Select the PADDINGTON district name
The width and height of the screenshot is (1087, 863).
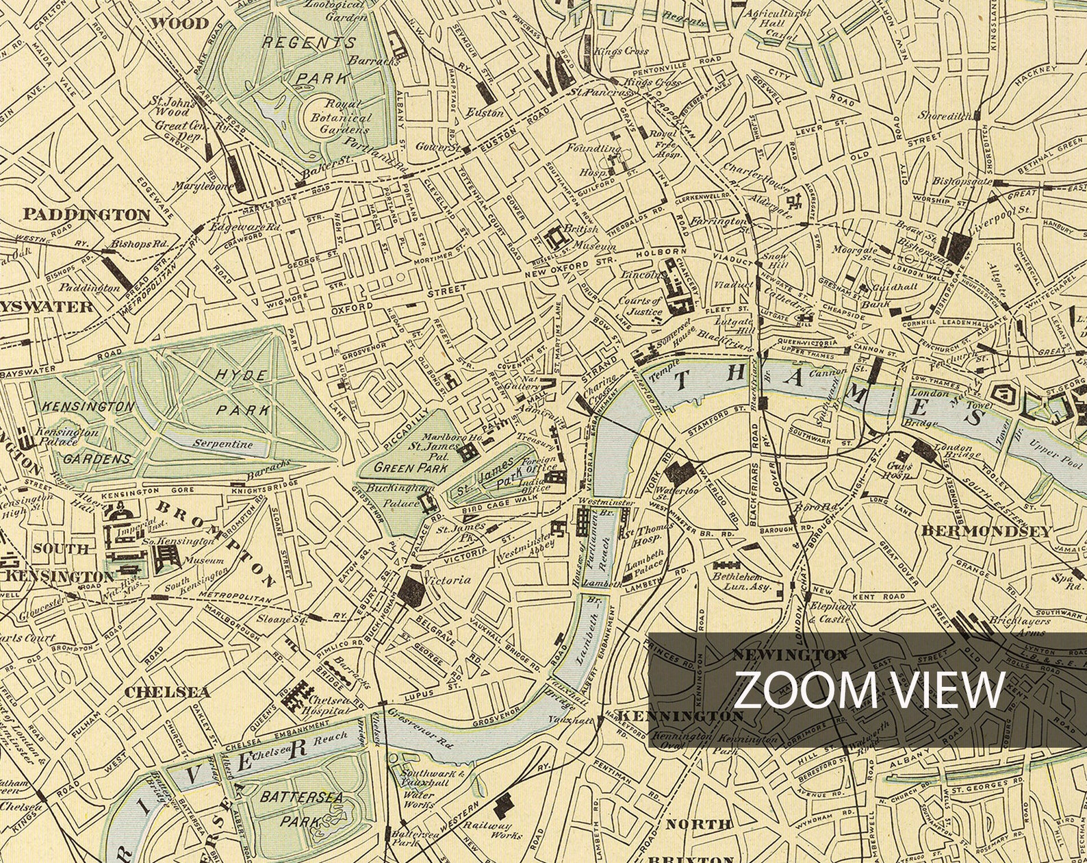[87, 215]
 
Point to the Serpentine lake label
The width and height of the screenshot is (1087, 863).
[222, 444]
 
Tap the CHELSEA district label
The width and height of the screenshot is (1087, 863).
[167, 692]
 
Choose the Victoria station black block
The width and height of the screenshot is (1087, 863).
[413, 589]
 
